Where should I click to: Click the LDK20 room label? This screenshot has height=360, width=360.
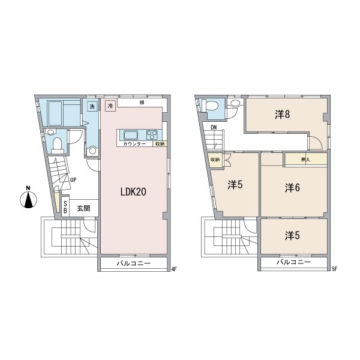[x=133, y=192]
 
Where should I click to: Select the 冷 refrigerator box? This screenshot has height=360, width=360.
[x=110, y=106]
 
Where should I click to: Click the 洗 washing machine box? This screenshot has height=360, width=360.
[x=92, y=106]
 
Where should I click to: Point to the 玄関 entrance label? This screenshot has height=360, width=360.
[x=83, y=208]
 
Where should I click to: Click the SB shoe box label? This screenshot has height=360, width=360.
[x=65, y=207]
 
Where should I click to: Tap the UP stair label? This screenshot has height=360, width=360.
[x=73, y=180]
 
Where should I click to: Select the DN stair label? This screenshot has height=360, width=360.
[x=214, y=127]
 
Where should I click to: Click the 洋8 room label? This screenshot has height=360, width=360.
[x=283, y=115]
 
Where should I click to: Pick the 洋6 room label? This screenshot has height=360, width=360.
[x=292, y=188]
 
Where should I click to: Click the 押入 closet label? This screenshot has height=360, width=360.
[x=305, y=160]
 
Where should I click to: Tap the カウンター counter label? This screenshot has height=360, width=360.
[x=134, y=144]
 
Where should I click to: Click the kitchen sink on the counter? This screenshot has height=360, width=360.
[x=131, y=135]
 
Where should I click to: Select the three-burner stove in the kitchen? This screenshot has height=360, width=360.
[x=152, y=135]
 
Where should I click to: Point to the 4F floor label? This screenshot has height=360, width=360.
[x=174, y=269]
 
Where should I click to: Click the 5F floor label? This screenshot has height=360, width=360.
[x=334, y=269]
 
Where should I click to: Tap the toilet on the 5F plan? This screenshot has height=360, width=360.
[x=212, y=106]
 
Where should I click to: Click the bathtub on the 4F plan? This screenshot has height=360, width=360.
[x=55, y=113]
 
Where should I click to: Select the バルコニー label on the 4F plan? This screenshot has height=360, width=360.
[x=133, y=263]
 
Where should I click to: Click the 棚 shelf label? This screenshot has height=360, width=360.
[x=142, y=103]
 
